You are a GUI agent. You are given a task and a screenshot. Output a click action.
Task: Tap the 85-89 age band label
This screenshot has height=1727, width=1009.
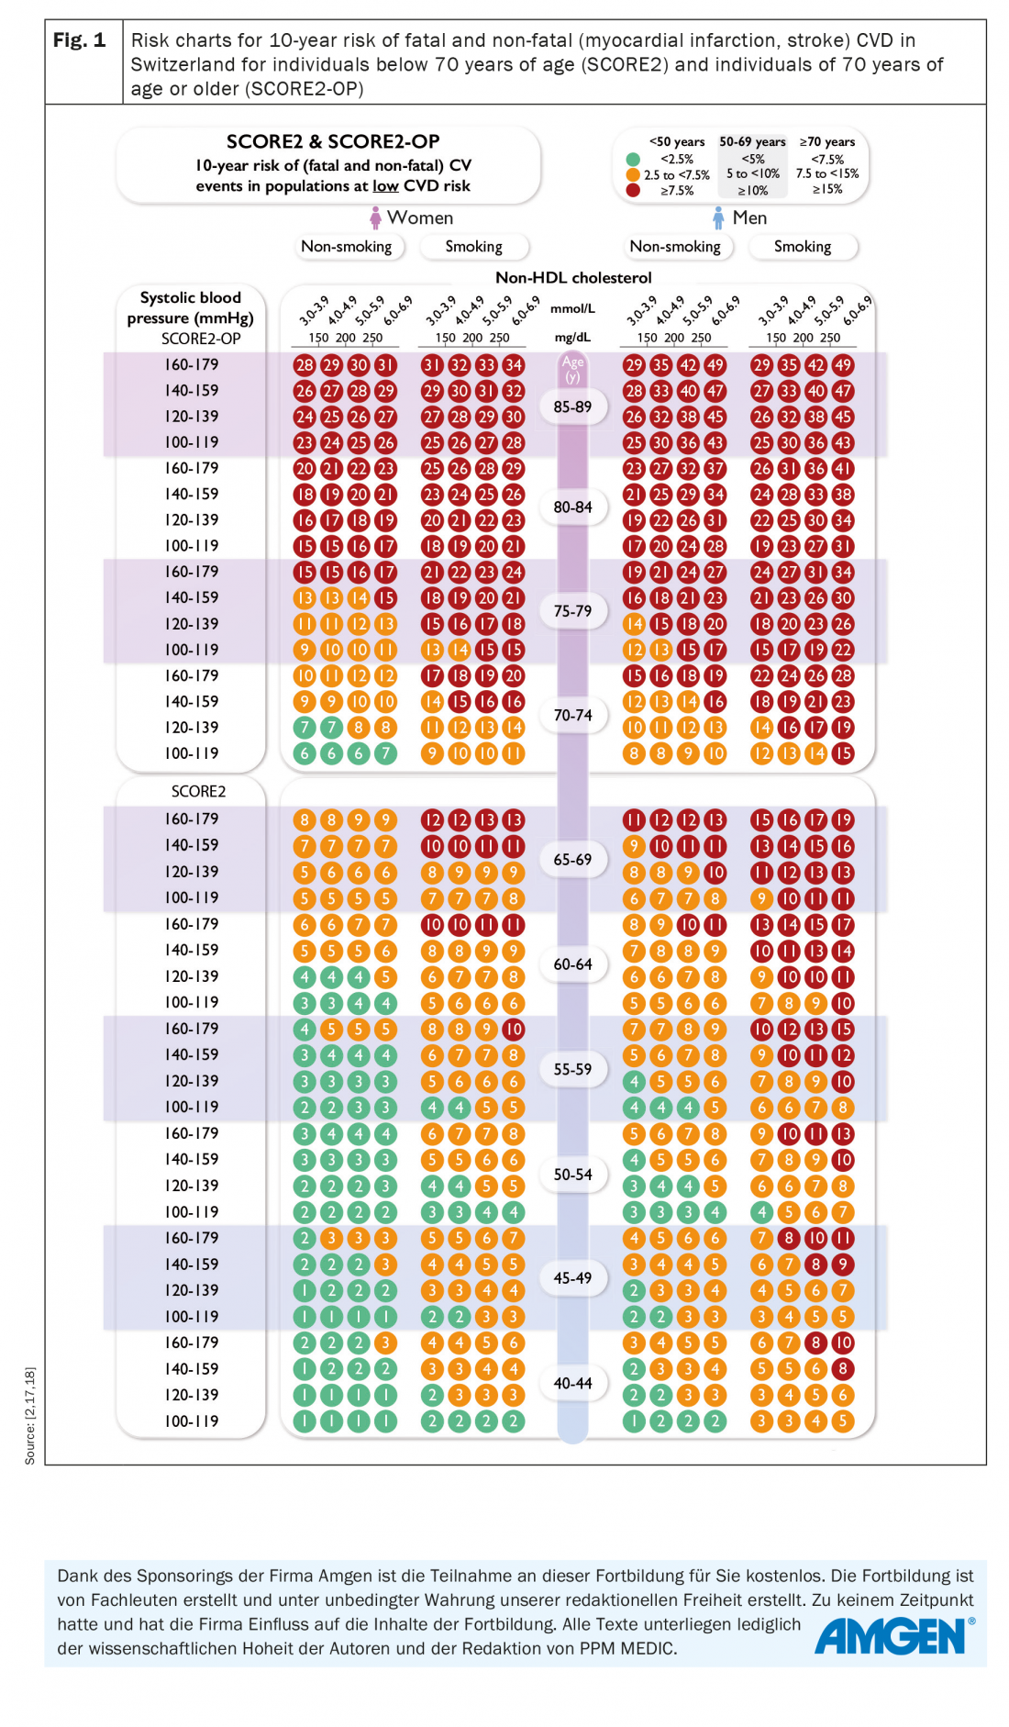click(x=572, y=407)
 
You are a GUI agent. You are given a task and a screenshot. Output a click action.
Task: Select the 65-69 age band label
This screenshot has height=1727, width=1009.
click(x=572, y=860)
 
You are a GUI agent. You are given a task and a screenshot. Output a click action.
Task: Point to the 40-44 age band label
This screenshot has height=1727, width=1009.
click(x=572, y=1383)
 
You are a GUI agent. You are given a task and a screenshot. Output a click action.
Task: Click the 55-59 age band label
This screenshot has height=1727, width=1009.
click(x=572, y=1069)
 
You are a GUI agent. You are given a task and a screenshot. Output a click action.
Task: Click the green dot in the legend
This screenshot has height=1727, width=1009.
click(x=633, y=160)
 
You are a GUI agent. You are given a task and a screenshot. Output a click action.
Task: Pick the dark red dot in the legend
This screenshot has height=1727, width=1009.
click(x=633, y=190)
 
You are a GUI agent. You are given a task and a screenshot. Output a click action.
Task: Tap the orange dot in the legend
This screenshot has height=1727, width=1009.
click(x=633, y=174)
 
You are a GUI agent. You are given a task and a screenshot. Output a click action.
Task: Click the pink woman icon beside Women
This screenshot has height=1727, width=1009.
click(x=375, y=217)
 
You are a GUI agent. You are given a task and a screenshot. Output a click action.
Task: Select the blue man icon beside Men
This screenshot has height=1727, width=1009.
click(x=718, y=217)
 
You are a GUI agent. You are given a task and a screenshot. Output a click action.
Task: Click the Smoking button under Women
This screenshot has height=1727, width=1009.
click(x=473, y=246)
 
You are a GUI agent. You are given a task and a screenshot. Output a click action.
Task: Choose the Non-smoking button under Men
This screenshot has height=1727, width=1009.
click(x=675, y=246)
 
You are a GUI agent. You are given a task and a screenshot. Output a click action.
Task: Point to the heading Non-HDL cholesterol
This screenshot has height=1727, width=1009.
click(x=573, y=277)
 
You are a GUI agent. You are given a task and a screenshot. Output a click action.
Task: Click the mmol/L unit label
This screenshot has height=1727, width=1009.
click(x=572, y=308)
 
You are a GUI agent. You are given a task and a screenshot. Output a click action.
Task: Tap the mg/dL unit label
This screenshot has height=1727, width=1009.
click(x=572, y=337)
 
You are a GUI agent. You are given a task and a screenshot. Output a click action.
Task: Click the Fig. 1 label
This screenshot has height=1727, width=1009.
click(x=80, y=40)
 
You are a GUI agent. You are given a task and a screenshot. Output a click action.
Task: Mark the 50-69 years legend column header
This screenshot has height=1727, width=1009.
click(x=752, y=141)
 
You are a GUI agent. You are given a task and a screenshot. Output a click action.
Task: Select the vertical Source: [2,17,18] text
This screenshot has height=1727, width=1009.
click(x=30, y=1415)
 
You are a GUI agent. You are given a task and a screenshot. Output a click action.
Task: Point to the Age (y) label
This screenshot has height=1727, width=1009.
click(x=572, y=369)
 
